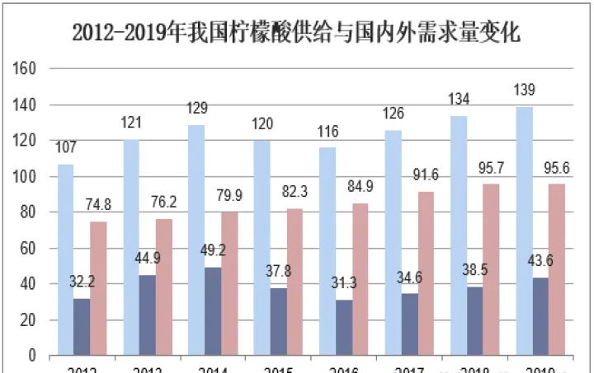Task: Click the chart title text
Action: pyautogui.click(x=296, y=33)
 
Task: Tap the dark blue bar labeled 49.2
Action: pyautogui.click(x=213, y=311)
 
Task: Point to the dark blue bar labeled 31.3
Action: pyautogui.click(x=344, y=328)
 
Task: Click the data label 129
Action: pyautogui.click(x=197, y=109)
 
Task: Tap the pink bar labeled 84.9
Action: pyautogui.click(x=361, y=279)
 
